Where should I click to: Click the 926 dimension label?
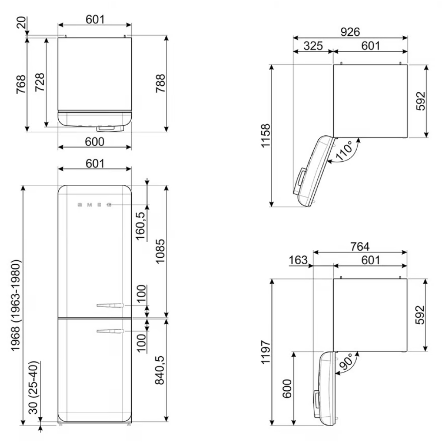coord(350,32)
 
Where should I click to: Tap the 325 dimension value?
coord(313,46)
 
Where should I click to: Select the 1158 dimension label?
coord(266,135)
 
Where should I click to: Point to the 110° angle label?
coord(344,151)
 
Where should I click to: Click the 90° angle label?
coord(346,362)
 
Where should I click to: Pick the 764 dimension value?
coord(360,247)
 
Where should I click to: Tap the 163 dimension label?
coord(298,260)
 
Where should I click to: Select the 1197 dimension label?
coord(266,352)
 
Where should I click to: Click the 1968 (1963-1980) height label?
coord(16,305)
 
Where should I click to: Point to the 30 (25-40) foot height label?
coord(34,387)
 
